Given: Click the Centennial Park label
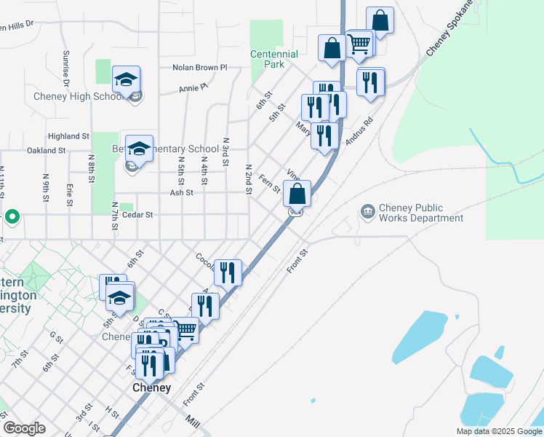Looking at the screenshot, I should click(274, 59).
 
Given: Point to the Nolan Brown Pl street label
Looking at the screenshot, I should click(200, 68).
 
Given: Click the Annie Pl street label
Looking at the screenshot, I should click(193, 88).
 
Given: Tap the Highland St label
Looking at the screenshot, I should click(68, 136).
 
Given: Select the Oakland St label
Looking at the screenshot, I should click(46, 150).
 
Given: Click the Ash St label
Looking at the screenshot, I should click(181, 193).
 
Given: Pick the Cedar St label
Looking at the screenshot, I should click(138, 215).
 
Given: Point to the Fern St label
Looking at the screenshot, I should click(271, 184).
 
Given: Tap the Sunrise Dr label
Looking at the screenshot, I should click(65, 69).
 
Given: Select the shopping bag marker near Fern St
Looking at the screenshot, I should click(297, 194).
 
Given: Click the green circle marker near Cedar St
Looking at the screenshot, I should click(12, 216).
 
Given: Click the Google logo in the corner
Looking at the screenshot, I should click(24, 428).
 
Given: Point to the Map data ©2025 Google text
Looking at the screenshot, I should click(500, 431).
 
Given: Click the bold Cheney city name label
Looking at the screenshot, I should click(151, 388).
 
